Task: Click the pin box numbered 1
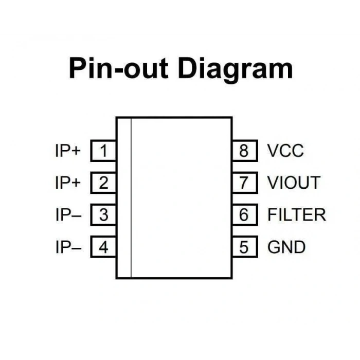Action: (103, 151)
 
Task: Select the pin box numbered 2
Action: (103, 183)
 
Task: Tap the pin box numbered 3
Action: (103, 214)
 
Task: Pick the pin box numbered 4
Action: (103, 247)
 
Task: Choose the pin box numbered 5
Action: (245, 247)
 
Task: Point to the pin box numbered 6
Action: (245, 214)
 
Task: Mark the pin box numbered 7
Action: (245, 183)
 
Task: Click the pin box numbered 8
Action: (245, 151)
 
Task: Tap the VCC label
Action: (285, 151)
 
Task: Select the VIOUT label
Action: (294, 183)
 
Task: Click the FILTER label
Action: (297, 214)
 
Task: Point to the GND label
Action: (286, 247)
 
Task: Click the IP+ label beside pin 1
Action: (68, 151)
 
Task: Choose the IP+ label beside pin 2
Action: (68, 183)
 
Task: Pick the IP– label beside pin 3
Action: (68, 214)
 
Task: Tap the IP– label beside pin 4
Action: (68, 247)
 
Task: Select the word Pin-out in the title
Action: (118, 68)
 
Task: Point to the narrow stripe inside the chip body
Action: (124, 197)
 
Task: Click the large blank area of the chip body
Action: (181, 197)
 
